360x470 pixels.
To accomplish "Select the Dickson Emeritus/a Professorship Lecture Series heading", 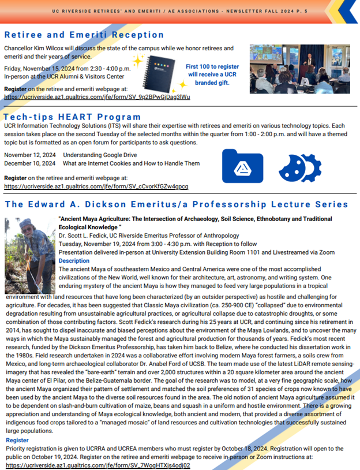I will [x=176, y=204].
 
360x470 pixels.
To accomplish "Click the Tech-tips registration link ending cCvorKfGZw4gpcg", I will [x=96, y=187].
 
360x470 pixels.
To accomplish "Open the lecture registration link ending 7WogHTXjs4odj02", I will [x=97, y=465].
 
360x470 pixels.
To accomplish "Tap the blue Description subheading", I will [x=74, y=261].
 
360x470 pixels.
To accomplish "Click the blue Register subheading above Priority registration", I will [x=17, y=440].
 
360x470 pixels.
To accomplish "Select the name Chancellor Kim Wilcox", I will [x=34, y=48].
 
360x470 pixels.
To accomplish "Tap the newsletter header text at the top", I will [x=179, y=10].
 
